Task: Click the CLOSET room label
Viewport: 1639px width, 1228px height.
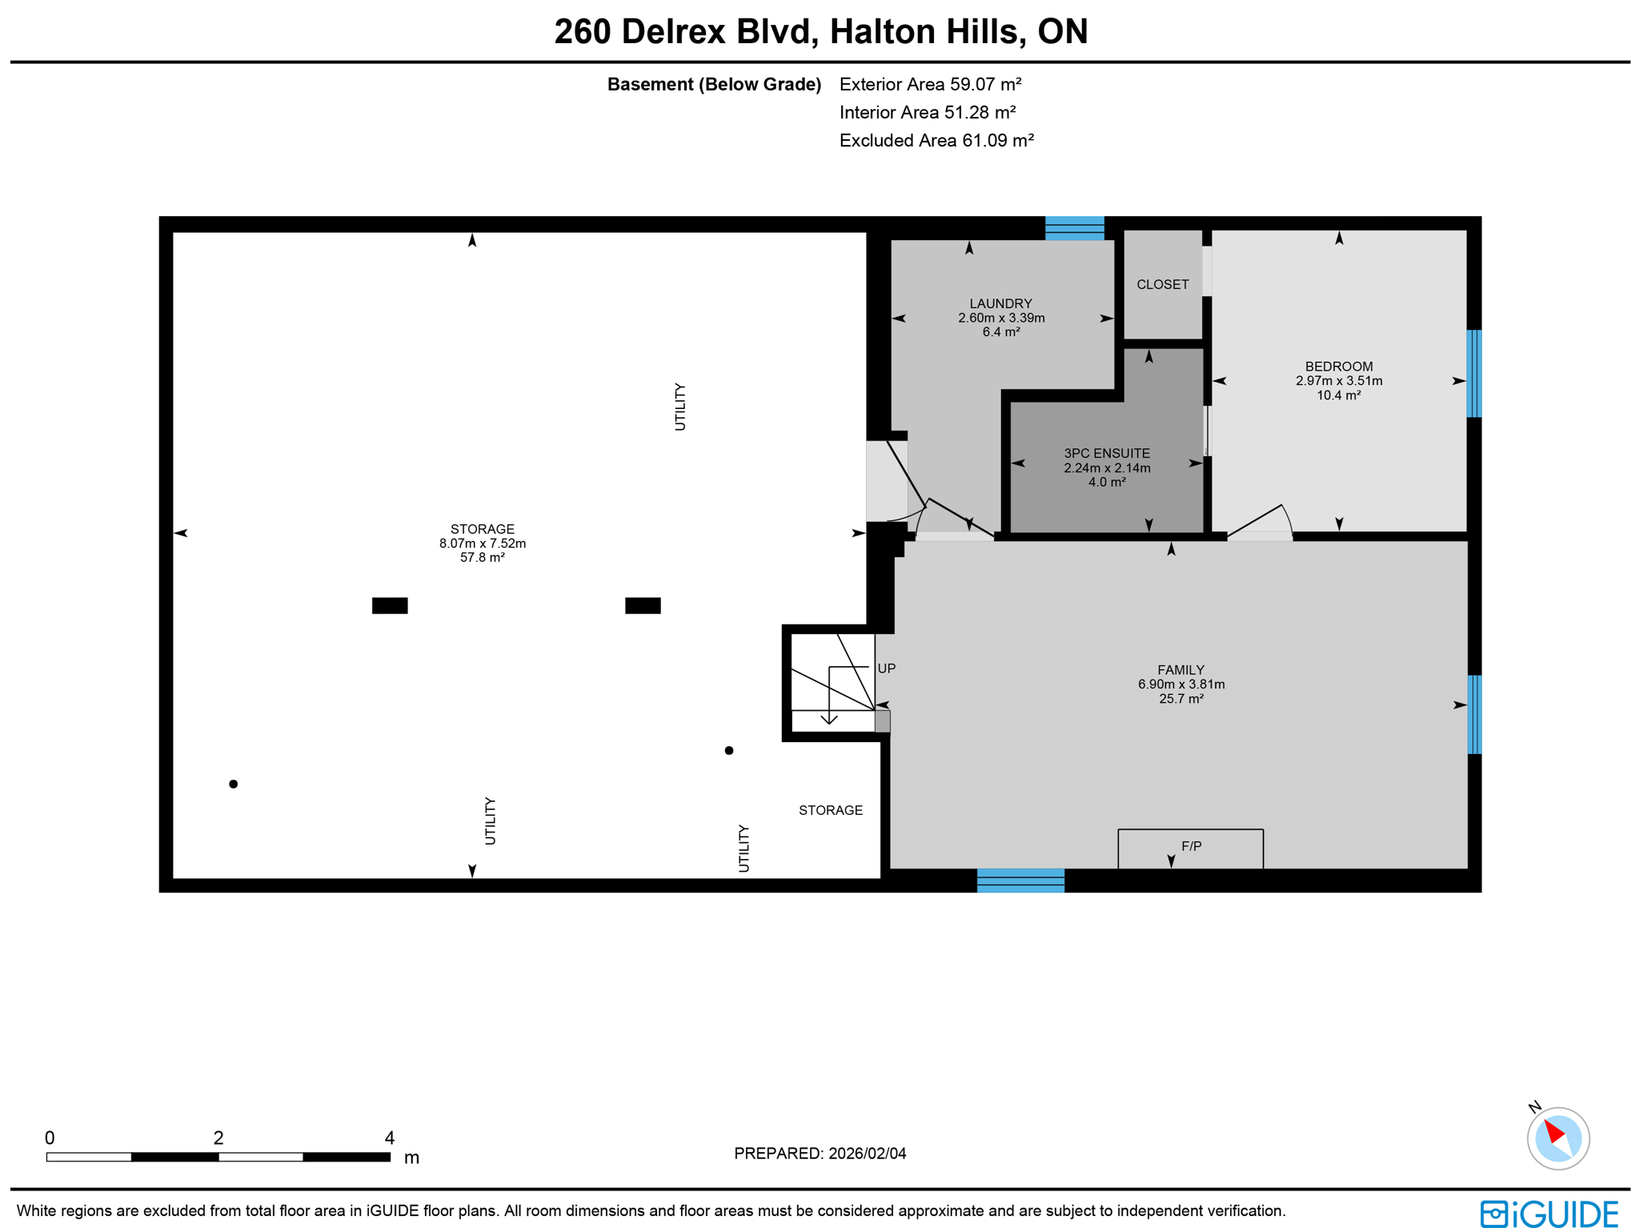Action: coord(1162,284)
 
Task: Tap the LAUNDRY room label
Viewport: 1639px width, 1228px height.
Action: coord(1000,303)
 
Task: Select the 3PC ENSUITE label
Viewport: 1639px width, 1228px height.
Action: coord(1107,453)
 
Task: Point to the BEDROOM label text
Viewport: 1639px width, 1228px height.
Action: coord(1338,367)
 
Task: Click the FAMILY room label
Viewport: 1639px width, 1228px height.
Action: coord(1180,670)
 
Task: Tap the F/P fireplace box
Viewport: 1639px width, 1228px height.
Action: coord(1190,847)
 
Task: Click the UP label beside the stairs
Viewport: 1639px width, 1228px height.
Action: coord(886,668)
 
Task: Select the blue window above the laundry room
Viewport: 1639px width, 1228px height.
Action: coord(1074,227)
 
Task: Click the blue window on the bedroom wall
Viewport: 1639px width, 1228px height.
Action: coord(1473,373)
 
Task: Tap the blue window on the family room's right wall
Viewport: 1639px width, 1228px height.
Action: coord(1473,714)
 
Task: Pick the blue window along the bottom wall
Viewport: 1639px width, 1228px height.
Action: coord(1020,880)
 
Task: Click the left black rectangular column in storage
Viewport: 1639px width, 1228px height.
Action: coord(390,605)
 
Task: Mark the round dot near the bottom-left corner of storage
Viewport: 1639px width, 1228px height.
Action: coord(233,784)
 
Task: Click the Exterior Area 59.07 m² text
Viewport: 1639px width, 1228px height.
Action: coord(930,84)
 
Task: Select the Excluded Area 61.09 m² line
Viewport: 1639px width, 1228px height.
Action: coord(936,141)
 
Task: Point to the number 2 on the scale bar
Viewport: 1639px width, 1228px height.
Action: coord(218,1138)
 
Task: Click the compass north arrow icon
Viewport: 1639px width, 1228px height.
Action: coord(1557,1138)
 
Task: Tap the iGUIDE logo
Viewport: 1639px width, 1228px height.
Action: coord(1549,1213)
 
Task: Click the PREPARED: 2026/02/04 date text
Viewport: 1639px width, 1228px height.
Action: coord(819,1154)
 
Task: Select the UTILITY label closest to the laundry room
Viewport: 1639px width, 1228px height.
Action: coord(680,407)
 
